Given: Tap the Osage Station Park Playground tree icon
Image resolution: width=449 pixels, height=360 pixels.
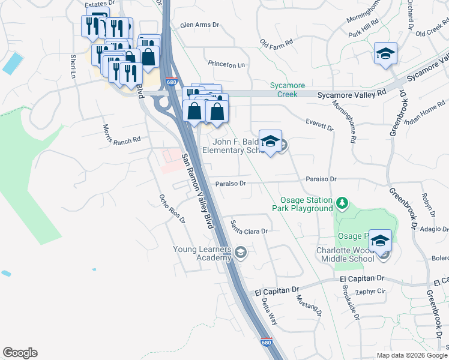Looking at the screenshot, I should point(342,203).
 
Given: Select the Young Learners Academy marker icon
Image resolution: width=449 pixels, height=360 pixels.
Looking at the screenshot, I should point(241,253).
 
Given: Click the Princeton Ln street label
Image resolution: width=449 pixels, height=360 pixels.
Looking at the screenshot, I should point(227,64).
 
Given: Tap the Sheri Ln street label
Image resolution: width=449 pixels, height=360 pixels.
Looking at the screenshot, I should point(73,66).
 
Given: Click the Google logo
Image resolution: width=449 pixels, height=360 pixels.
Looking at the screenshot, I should point(20,353).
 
